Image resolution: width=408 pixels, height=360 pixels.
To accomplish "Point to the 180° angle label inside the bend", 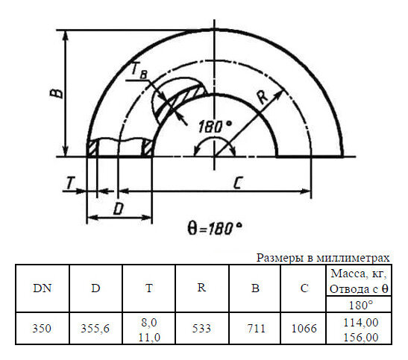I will tap(215, 127).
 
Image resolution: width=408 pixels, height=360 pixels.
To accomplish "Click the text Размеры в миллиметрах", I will tap(323, 258).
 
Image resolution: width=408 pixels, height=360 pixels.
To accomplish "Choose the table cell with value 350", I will tap(43, 328).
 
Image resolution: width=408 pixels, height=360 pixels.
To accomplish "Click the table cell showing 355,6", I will tap(95, 328).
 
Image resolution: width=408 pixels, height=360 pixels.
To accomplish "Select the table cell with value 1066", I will tap(304, 328).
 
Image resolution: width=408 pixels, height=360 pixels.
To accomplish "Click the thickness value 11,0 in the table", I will tap(149, 337).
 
